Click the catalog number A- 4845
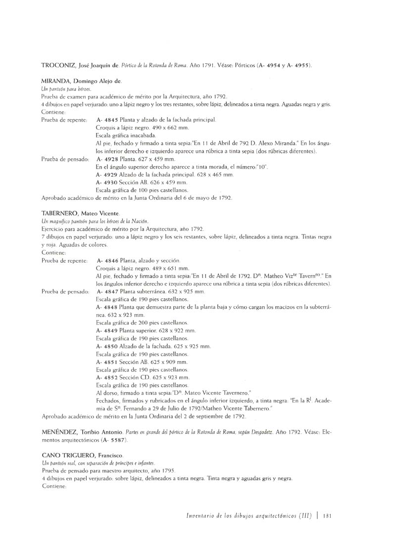[107, 120]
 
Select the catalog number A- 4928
[107, 159]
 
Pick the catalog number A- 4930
[107, 183]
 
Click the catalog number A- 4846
[107, 260]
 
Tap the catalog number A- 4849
[107, 330]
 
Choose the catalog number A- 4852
[107, 377]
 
